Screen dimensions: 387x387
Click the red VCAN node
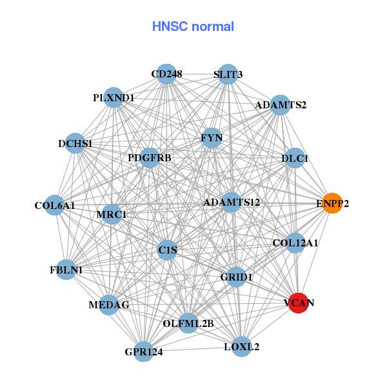point(297,302)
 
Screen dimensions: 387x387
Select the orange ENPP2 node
point(332,203)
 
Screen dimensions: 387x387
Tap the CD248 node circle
point(166,74)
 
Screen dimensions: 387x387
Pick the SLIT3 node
point(227,74)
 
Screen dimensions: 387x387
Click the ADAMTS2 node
point(280,104)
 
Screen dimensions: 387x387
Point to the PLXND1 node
point(114,97)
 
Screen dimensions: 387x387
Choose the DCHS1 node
point(76,143)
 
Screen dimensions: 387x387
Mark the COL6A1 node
point(55,206)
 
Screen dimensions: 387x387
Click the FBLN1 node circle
point(67,270)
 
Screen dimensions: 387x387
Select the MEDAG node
point(109,304)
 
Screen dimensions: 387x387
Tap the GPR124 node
point(144,352)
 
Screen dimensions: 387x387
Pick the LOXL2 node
point(241,346)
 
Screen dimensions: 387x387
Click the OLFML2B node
point(188,322)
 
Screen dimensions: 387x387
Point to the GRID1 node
point(237,276)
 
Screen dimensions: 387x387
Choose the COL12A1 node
point(295,243)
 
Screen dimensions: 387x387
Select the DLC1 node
point(295,158)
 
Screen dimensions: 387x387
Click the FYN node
point(212,138)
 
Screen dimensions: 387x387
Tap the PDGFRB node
point(149,157)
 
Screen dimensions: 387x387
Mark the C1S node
point(168,249)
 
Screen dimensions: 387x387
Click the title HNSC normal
point(193,26)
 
